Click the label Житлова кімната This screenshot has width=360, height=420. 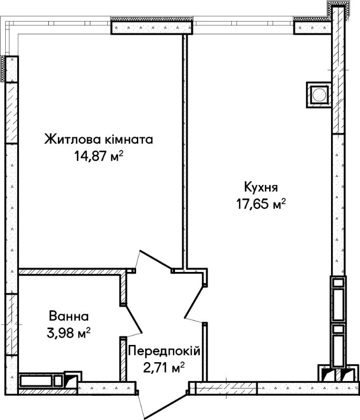pos(99,140)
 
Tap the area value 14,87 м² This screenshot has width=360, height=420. pos(99,156)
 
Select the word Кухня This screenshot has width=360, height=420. pos(261,187)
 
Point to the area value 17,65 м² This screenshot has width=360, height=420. pos(261,204)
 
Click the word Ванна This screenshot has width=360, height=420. pos(69,317)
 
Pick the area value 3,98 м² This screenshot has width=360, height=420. pos(69,333)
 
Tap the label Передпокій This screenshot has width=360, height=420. pos(164,351)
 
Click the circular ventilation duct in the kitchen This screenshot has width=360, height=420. pos(319,94)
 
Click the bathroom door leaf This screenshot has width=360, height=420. pos(133,319)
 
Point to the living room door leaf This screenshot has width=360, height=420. pos(156,259)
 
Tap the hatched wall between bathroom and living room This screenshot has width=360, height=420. pos(69,272)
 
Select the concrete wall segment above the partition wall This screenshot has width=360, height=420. pos(152,27)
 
